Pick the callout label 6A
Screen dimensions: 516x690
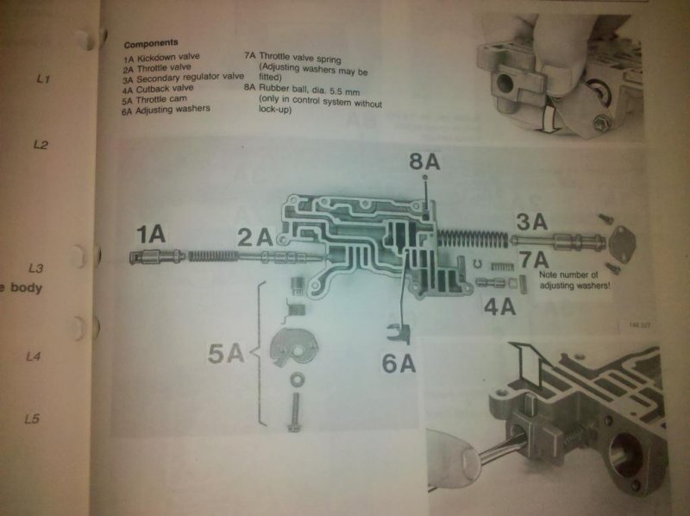pyautogui.click(x=399, y=362)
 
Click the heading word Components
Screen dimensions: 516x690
pyautogui.click(x=151, y=42)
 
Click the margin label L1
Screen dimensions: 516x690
pyautogui.click(x=44, y=79)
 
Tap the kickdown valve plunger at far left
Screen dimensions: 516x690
pyautogui.click(x=154, y=256)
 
